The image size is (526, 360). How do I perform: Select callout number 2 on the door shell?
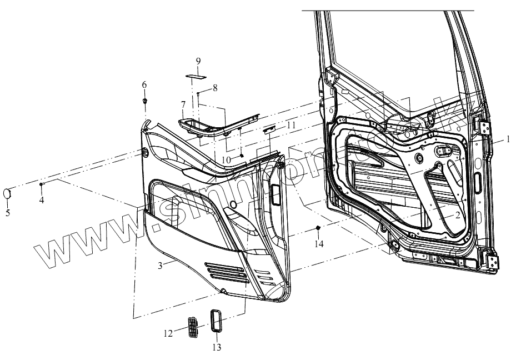pos(457,215)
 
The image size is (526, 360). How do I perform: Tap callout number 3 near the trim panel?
pos(160,266)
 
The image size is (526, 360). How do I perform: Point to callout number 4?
pos(41,199)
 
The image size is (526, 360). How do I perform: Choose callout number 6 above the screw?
pos(144,84)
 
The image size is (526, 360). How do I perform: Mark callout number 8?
pos(216,88)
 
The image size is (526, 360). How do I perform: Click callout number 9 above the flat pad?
pos(198,61)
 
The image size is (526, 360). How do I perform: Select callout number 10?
pos(226,160)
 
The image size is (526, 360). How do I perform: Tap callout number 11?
pos(292,126)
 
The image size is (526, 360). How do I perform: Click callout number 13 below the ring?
pos(216,348)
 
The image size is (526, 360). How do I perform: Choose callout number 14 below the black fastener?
pos(318,243)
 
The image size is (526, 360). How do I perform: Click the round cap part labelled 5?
pos(8,193)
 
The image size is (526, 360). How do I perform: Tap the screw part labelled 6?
pos(145,101)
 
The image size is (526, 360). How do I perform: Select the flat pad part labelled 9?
pos(196,75)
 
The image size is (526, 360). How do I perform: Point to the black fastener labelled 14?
pos(318,228)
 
